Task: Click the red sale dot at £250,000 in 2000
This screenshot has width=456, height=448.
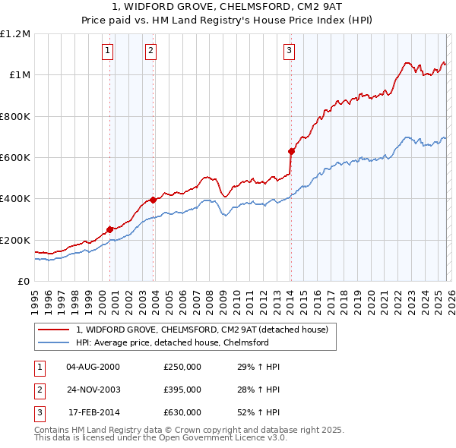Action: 109,229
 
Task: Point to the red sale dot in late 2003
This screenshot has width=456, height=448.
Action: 154,200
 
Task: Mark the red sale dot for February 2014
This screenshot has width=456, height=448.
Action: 291,151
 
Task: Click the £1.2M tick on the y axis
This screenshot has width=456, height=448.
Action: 15,34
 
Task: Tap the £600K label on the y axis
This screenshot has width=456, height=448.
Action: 15,158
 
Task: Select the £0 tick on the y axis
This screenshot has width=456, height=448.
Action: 24,282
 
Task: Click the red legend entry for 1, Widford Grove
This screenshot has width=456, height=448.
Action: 201,330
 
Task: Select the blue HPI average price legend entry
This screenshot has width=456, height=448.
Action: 173,343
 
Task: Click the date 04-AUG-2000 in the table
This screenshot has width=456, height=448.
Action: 93,367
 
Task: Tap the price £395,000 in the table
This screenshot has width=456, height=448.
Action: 182,390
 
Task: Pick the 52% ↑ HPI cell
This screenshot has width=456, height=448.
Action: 258,412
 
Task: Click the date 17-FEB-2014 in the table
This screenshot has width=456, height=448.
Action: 93,412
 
